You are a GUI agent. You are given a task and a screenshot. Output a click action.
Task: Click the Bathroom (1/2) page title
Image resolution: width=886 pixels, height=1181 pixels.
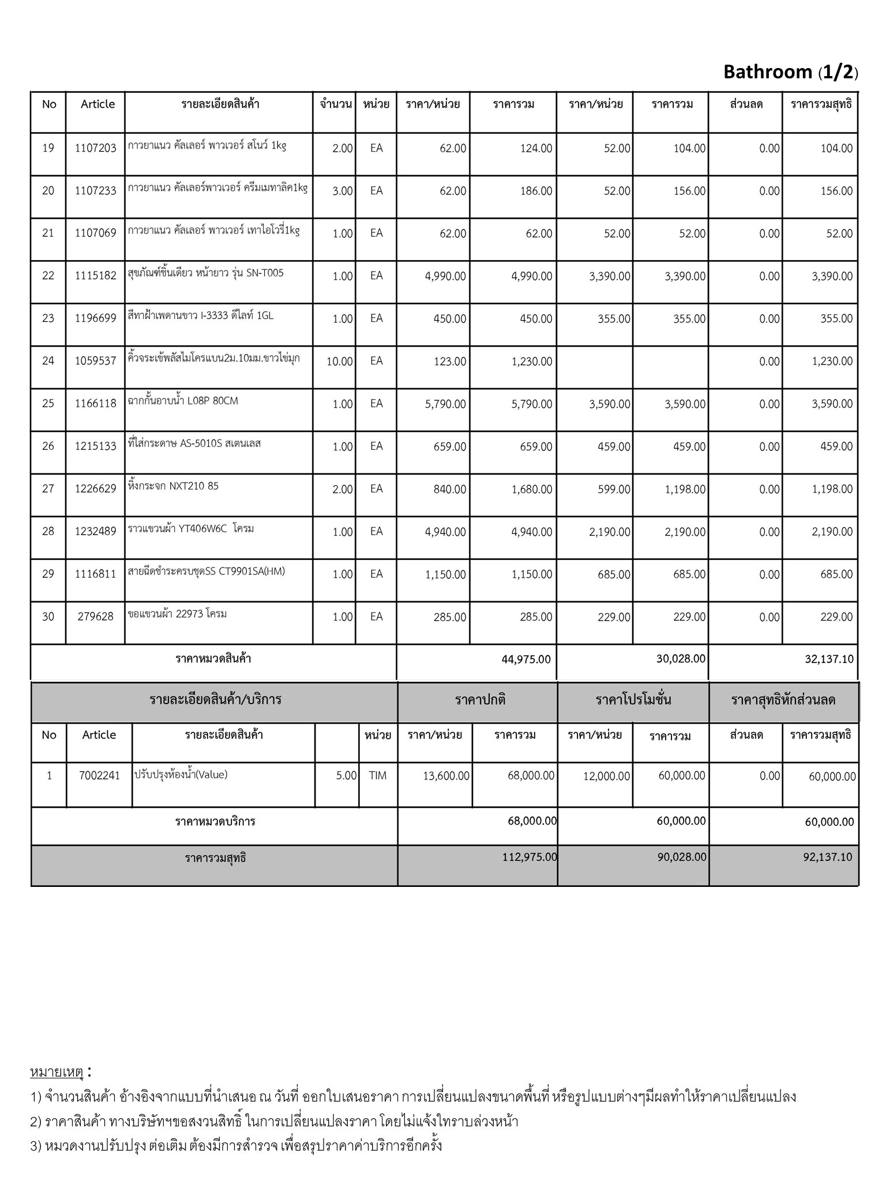point(790,72)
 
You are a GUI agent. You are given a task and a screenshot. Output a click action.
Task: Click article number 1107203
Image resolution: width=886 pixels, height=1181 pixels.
point(96,148)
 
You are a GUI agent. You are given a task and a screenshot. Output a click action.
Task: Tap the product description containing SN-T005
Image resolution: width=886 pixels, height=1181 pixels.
point(206,273)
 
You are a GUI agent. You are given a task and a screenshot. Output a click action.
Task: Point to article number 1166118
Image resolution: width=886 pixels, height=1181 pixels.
point(96,404)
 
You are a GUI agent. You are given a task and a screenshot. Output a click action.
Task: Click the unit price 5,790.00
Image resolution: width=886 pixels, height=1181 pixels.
point(445,404)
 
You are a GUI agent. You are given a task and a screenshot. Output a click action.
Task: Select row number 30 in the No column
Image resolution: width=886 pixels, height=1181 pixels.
point(48,617)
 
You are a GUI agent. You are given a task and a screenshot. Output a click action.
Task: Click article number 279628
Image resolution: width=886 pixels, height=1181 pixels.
point(96,617)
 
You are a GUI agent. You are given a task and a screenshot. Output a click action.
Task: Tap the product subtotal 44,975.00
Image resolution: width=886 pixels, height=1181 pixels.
point(526,659)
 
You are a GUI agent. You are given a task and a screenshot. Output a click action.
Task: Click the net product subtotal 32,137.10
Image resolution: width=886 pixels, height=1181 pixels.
point(829,659)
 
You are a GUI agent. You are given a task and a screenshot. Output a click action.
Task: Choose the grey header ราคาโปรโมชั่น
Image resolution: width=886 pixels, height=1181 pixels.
point(633,701)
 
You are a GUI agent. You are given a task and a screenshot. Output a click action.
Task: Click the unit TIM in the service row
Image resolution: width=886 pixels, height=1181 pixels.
point(378,776)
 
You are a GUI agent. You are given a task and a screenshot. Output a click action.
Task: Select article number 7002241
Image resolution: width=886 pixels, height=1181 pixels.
point(100,776)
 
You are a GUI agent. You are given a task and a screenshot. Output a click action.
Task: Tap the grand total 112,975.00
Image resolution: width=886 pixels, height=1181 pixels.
point(530,857)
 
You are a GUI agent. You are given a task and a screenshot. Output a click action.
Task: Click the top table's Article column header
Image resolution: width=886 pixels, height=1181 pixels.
point(97,104)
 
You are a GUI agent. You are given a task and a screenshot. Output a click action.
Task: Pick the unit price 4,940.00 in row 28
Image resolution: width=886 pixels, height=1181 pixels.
point(445,532)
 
